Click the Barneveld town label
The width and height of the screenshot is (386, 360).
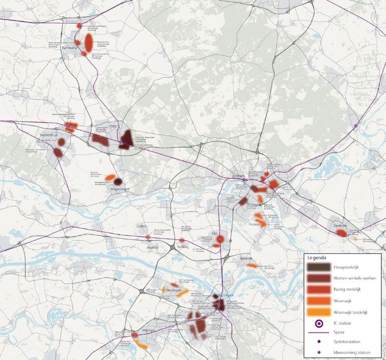(69, 48)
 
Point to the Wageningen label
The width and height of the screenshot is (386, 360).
(119, 189)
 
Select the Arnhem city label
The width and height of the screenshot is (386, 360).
(239, 176)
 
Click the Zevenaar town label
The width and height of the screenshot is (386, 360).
(339, 226)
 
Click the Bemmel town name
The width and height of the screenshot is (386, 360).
(246, 259)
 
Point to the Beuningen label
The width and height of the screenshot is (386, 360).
(174, 291)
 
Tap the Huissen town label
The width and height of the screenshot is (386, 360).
(255, 224)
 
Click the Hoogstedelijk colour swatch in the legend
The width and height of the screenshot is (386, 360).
(318, 267)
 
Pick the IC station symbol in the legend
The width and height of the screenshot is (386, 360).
(318, 323)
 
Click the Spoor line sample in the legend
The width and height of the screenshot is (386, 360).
(318, 332)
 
